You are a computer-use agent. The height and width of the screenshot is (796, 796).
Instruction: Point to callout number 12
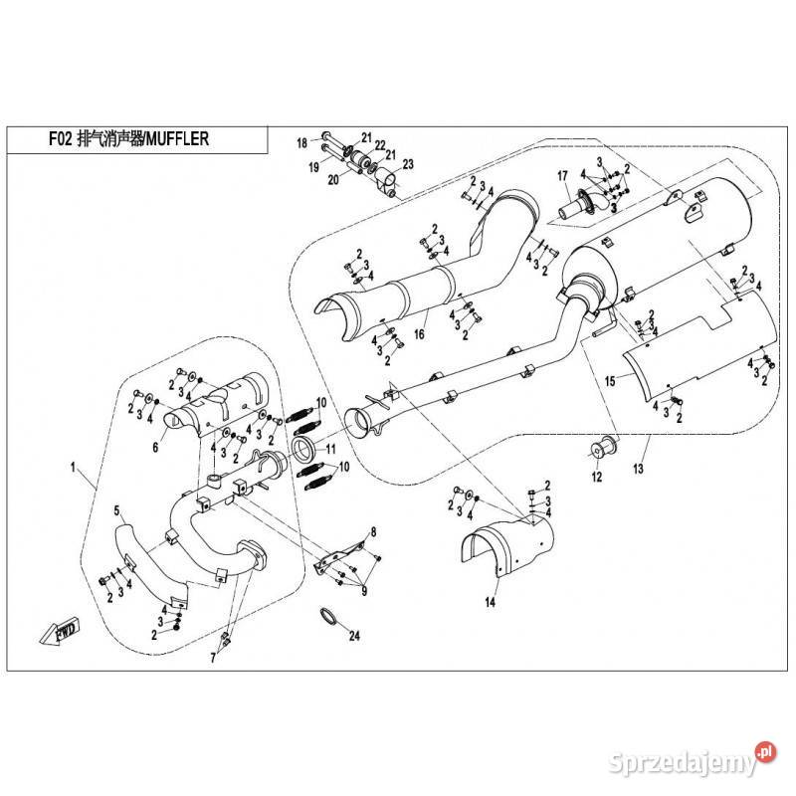click(597, 478)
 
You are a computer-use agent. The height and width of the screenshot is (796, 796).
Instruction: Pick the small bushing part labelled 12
click(602, 449)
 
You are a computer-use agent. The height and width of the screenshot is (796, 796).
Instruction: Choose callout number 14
click(491, 603)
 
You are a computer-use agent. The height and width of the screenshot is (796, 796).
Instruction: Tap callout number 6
click(155, 449)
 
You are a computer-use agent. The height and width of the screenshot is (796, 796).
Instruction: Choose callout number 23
click(407, 163)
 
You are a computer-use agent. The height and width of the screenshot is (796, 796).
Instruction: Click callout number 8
click(373, 534)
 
